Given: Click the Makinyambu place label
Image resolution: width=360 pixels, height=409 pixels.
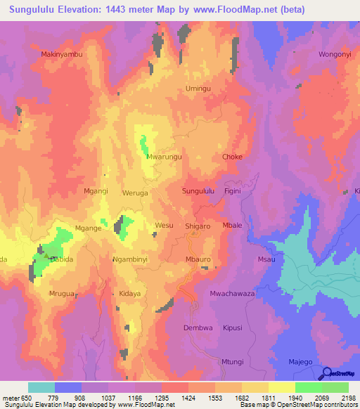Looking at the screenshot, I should (x=62, y=54).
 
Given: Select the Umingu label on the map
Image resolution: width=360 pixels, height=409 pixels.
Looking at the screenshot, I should (x=198, y=89).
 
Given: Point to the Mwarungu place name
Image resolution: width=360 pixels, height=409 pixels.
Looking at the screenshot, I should (x=164, y=157).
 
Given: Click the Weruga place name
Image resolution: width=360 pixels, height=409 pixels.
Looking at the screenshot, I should (x=135, y=192).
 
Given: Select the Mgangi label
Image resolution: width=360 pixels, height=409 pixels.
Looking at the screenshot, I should (x=96, y=191).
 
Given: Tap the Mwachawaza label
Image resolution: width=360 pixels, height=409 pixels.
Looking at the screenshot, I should (x=232, y=294).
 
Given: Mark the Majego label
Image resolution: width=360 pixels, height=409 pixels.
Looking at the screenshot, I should (x=300, y=362).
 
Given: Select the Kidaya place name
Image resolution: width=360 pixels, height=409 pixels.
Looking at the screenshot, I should (x=130, y=294).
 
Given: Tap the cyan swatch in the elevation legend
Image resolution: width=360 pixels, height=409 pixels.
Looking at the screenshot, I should (x=41, y=387).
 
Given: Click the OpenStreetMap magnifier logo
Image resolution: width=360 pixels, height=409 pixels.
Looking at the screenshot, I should (x=325, y=374).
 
